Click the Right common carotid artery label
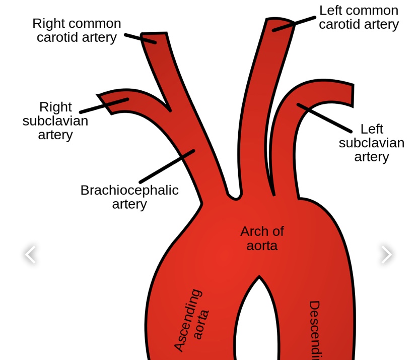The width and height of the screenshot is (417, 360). (77, 30)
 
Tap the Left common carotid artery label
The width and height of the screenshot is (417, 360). (359, 17)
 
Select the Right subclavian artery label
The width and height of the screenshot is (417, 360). (55, 121)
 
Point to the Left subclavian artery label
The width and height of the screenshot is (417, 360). (372, 143)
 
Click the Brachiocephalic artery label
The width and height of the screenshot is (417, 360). (129, 197)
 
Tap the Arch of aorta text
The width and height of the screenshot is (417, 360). (262, 238)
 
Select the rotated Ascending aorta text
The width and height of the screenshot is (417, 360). (191, 320)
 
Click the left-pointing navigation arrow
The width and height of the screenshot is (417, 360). (31, 254)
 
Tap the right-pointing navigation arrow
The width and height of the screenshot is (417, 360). (386, 254)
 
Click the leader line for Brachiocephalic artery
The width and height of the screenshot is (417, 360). (167, 166)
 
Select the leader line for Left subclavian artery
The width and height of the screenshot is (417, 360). (324, 118)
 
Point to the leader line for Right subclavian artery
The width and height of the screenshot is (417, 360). (104, 105)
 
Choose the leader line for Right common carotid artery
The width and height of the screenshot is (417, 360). (140, 38)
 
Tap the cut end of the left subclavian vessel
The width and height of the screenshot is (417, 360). (352, 95)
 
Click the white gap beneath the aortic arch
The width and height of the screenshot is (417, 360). (257, 323)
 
